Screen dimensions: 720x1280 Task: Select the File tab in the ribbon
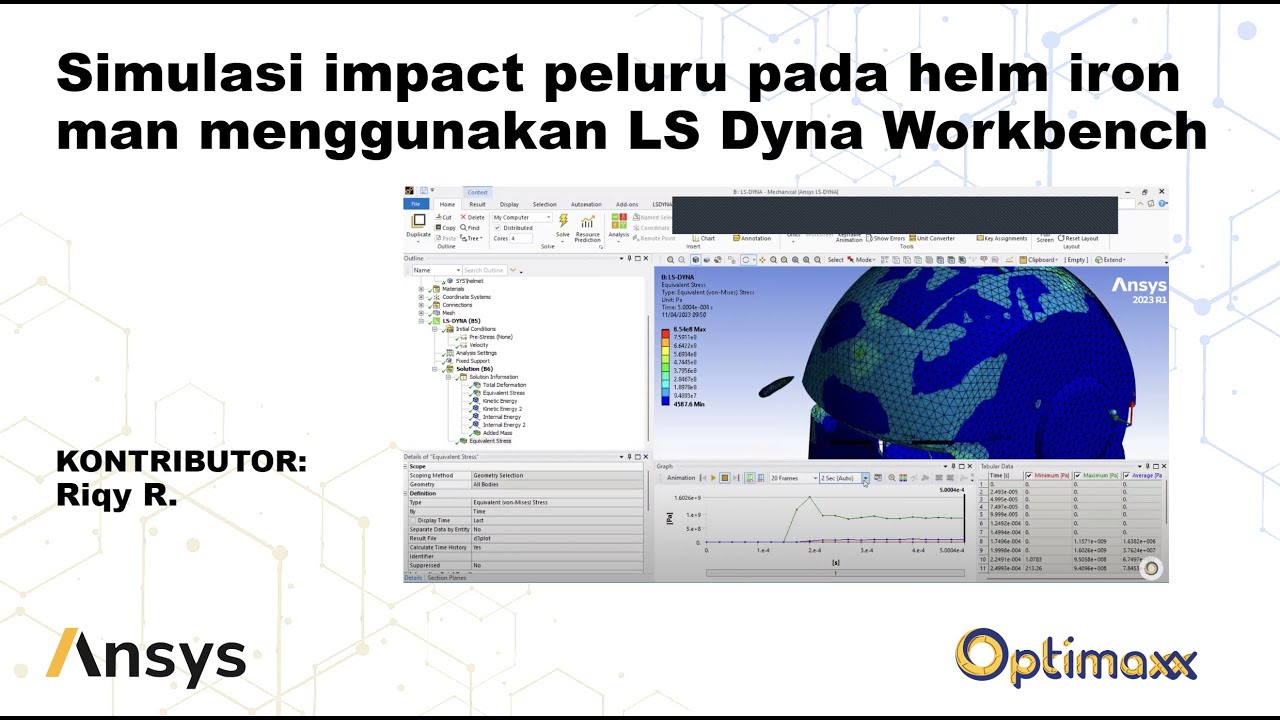(416, 204)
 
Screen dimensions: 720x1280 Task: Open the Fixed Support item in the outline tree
(472, 361)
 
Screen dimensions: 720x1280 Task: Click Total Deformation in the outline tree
(503, 385)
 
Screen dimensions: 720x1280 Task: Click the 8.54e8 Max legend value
(689, 329)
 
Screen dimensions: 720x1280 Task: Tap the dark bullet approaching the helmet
(777, 389)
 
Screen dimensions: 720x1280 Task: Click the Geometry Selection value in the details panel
(498, 476)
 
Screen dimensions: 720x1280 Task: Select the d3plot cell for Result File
(482, 538)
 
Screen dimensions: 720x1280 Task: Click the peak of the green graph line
(795, 498)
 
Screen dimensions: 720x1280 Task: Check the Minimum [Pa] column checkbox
(1029, 476)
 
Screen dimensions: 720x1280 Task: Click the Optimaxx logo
(1075, 658)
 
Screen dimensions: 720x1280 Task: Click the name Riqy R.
(116, 495)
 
